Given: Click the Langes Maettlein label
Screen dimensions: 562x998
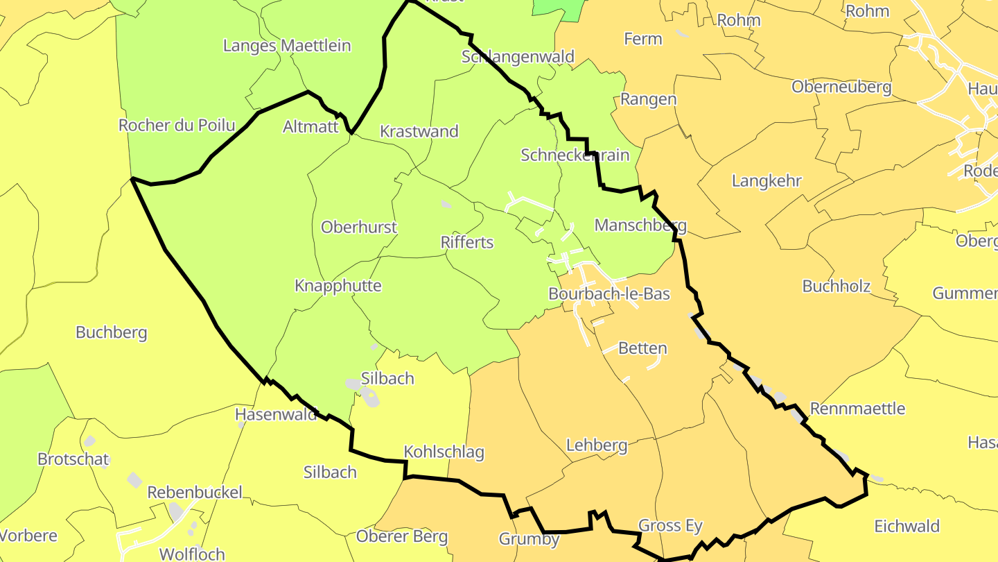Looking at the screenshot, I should click(x=287, y=46).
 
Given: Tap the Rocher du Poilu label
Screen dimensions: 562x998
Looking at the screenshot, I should click(x=177, y=126).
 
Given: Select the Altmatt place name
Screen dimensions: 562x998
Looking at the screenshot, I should click(x=310, y=127).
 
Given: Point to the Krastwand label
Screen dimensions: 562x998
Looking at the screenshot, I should click(x=419, y=131).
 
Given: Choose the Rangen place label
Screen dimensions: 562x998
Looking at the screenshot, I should click(x=648, y=99).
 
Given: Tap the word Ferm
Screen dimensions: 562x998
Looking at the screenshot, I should click(x=643, y=39).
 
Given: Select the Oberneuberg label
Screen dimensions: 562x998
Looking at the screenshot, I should click(x=841, y=87).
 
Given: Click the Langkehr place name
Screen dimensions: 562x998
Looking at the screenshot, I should click(x=767, y=181).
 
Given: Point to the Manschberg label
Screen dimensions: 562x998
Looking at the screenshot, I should click(x=640, y=225).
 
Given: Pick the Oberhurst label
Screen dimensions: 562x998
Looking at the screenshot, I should click(x=359, y=227).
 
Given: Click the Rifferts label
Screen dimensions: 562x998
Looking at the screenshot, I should click(x=467, y=242).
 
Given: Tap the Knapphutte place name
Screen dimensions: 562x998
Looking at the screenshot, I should click(x=338, y=286).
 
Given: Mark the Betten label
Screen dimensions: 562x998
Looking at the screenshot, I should click(x=642, y=348).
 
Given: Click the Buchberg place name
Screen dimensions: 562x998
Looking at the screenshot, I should click(x=112, y=332).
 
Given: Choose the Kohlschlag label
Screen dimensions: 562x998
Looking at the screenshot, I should click(x=444, y=452).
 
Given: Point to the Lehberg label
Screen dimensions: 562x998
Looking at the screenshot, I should click(x=597, y=445).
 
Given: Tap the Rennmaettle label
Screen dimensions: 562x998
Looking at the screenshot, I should click(x=857, y=408).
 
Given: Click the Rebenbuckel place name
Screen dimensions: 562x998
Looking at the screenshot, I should click(x=195, y=493).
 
